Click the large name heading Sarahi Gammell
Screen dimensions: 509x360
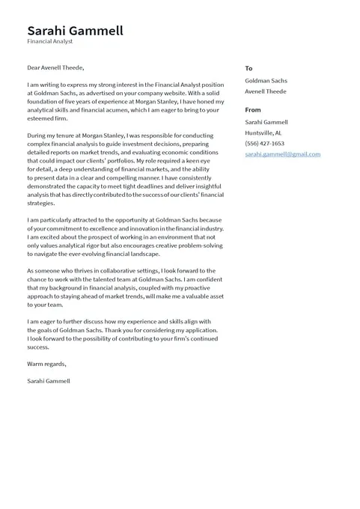coord(75,31)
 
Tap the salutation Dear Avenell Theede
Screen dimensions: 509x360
coord(55,68)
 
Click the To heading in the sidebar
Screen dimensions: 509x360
coord(248,68)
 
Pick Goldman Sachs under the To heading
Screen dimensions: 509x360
coord(266,80)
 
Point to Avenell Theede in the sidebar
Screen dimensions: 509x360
coord(266,91)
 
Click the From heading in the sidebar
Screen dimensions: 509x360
coord(253,109)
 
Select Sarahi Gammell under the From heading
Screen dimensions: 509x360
coord(266,122)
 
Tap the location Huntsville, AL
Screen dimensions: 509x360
coord(263,132)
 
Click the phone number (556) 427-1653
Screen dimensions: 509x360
coord(264,143)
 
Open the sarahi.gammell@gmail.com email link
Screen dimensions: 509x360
coord(282,154)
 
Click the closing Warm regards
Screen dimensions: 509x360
coord(46,364)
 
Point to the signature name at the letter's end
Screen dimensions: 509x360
coord(49,381)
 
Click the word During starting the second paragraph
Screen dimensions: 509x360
coord(38,135)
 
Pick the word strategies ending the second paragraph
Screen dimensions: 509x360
coord(41,203)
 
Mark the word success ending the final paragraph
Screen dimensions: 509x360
coord(38,347)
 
